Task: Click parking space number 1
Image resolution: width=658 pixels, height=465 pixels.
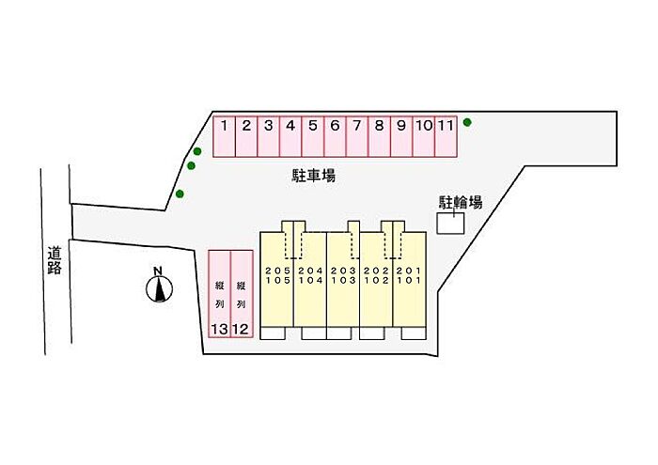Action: (x=224, y=135)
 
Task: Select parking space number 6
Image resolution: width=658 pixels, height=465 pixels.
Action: (x=335, y=135)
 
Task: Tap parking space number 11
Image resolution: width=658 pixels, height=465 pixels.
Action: (x=446, y=135)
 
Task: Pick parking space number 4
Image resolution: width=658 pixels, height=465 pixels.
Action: (x=290, y=135)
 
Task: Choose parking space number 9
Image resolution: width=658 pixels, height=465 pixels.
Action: (x=401, y=135)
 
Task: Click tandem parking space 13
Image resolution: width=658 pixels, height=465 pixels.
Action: (x=219, y=293)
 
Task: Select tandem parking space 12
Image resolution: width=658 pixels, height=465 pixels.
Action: (x=242, y=293)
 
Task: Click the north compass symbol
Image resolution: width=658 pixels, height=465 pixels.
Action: (x=161, y=286)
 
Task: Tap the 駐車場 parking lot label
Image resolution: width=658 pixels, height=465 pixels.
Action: (x=314, y=176)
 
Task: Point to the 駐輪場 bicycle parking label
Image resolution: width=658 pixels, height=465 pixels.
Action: (x=461, y=201)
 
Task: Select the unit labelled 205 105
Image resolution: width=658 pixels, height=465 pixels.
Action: (x=276, y=276)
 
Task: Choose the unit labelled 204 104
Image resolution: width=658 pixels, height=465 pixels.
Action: (x=310, y=276)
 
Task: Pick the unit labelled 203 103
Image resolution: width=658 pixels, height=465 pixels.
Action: (x=343, y=276)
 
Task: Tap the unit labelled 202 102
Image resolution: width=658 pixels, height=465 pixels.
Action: (x=376, y=276)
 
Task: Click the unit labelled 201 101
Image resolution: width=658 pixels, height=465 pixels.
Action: (x=409, y=276)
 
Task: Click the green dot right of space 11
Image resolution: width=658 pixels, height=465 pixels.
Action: (x=467, y=122)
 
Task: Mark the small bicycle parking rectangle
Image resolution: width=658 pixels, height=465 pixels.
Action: (x=451, y=225)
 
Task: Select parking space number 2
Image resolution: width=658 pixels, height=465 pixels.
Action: (x=246, y=135)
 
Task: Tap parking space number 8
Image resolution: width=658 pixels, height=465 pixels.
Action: (x=379, y=135)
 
